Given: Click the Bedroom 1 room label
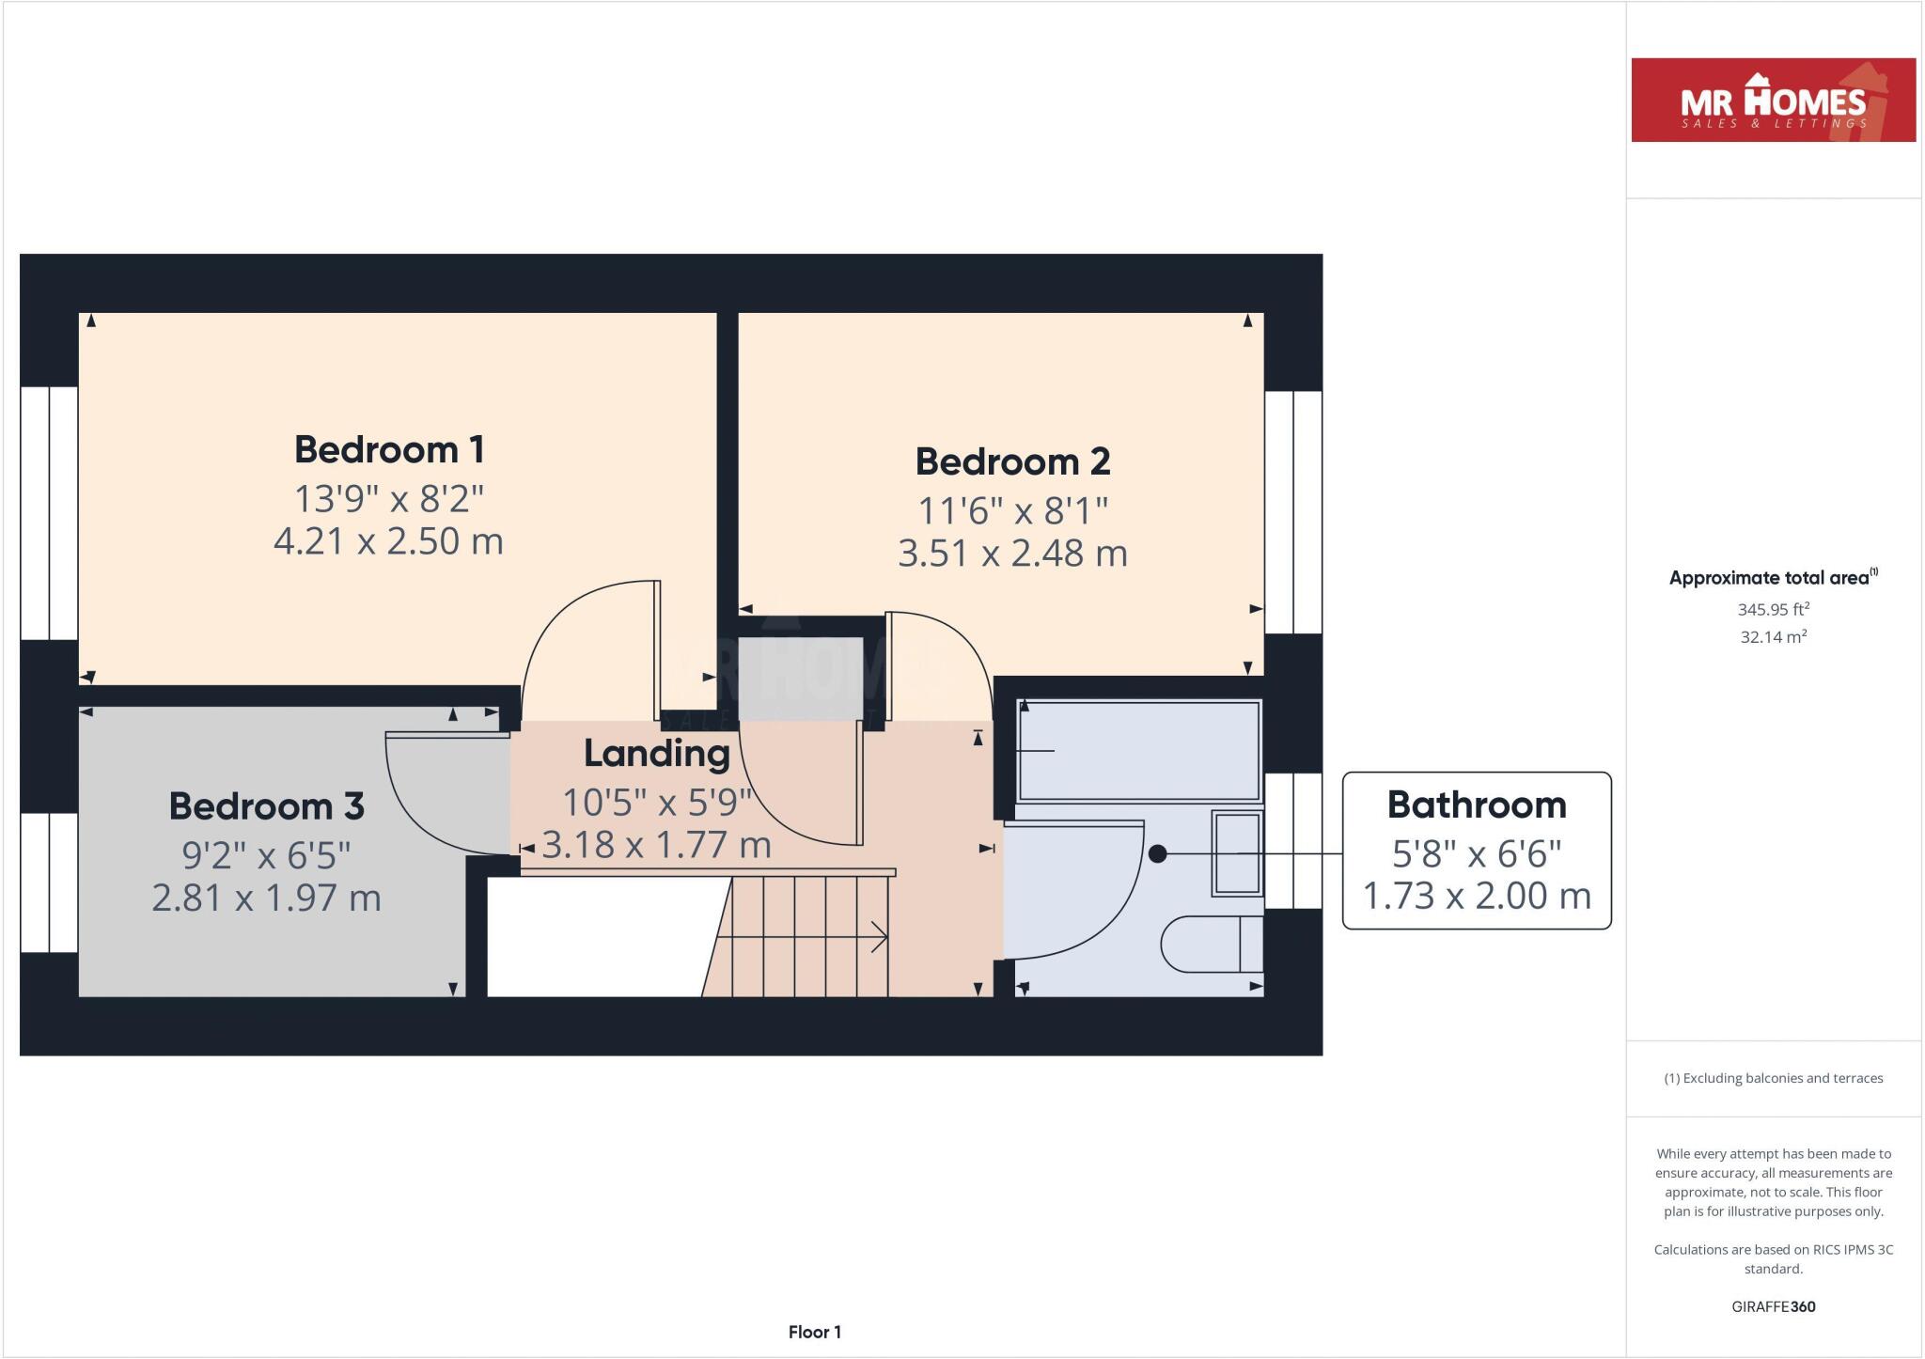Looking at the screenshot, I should tap(389, 449).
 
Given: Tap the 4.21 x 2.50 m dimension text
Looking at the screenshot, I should tap(388, 541).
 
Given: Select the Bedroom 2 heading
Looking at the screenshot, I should tap(1012, 461).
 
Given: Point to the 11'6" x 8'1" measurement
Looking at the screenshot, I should tap(1012, 511).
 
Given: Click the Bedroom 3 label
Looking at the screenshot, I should tap(266, 806).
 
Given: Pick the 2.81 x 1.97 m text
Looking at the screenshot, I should tap(266, 898).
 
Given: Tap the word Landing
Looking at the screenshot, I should tap(656, 753).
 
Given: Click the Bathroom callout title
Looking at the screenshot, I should tap(1476, 804).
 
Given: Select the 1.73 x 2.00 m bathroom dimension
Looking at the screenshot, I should tap(1476, 896).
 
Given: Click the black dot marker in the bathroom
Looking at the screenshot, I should tap(1158, 853).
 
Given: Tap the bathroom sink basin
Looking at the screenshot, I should tap(1236, 852).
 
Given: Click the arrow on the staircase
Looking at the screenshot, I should tap(879, 936).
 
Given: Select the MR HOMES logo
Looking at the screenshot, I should tap(1773, 101).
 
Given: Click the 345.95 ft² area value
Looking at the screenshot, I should tap(1773, 609).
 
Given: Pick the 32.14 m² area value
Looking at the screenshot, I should tap(1773, 637).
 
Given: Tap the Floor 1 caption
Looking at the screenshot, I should tap(814, 1332).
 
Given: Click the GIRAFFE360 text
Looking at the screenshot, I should tap(1773, 1306).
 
